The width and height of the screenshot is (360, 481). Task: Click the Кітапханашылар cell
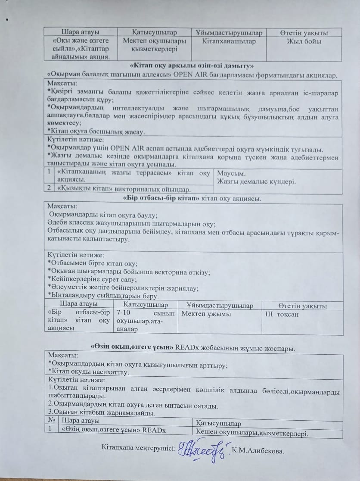(229, 42)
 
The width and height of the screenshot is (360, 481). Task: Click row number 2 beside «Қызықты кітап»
(50, 188)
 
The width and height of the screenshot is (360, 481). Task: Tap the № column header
(52, 420)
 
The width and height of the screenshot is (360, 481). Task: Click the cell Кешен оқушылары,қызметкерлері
(252, 431)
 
